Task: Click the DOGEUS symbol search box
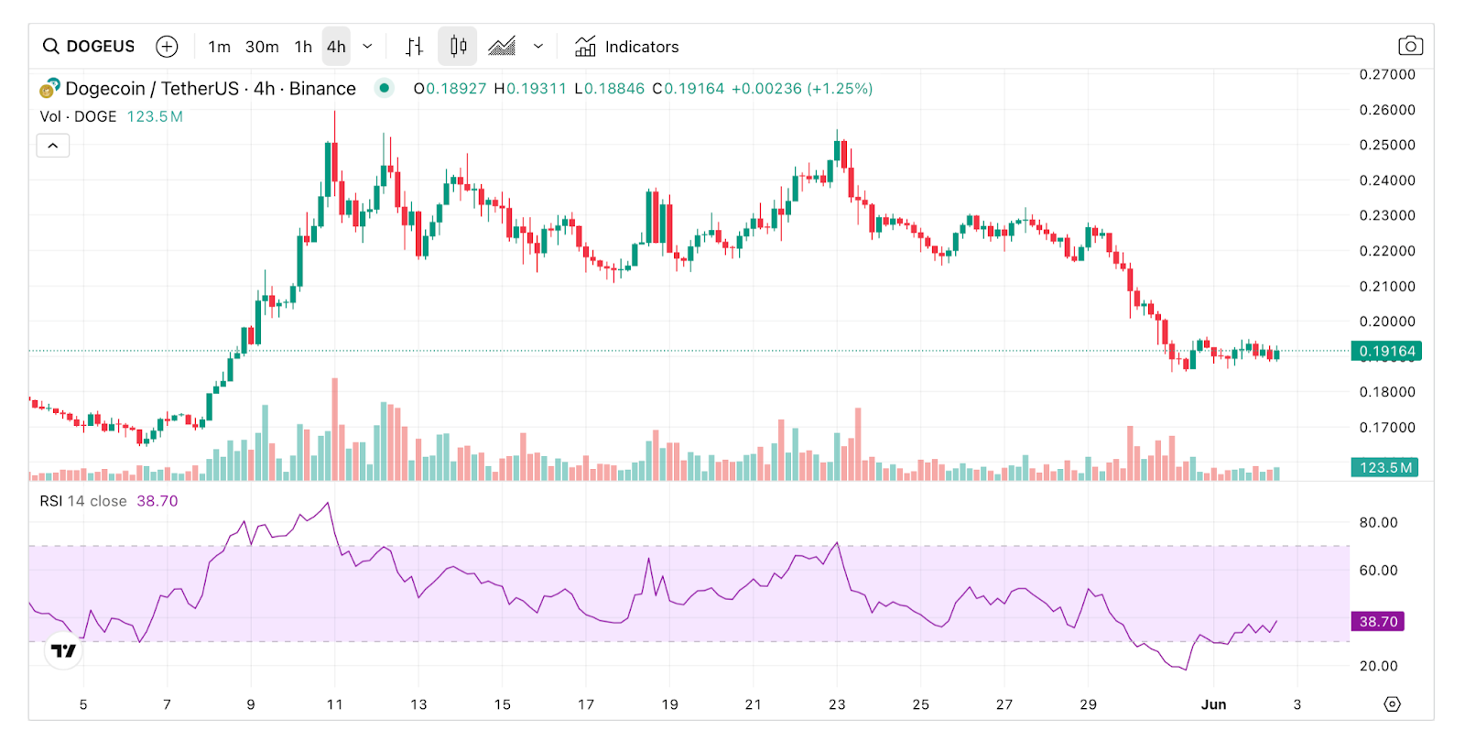coord(90,47)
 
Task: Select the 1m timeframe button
coord(219,47)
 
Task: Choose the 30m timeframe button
coord(262,47)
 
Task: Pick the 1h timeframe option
coord(303,47)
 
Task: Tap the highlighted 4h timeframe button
coord(336,47)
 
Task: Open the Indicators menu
coord(627,47)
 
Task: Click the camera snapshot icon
coord(1410,46)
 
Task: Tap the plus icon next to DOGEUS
coord(167,47)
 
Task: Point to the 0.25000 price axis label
coord(1387,145)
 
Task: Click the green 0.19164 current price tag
coord(1386,351)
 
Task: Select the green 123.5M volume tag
coord(1384,467)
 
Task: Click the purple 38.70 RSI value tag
coord(1377,622)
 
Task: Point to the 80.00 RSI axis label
coord(1378,523)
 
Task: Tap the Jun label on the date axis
coord(1213,704)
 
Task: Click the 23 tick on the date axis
coord(837,704)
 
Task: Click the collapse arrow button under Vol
coord(53,146)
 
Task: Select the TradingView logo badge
coord(64,650)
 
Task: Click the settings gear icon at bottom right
coord(1392,703)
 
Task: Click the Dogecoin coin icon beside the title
coord(49,89)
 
